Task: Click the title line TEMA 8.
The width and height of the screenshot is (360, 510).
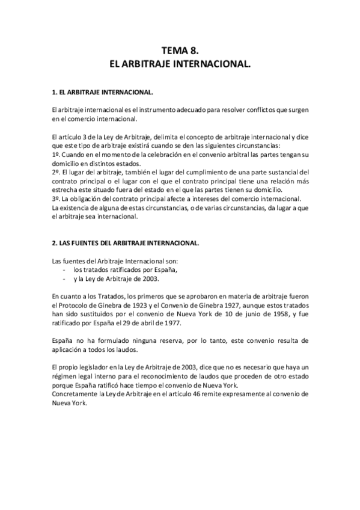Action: pos(180,51)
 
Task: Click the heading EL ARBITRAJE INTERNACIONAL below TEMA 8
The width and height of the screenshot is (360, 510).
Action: pos(180,63)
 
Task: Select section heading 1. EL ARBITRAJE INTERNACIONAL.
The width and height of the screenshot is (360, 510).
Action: pos(103,93)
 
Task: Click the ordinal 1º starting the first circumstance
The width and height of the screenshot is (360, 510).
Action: pos(56,155)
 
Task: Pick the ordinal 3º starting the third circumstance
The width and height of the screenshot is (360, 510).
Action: pos(56,199)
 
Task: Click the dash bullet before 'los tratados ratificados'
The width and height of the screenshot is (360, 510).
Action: pos(64,270)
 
